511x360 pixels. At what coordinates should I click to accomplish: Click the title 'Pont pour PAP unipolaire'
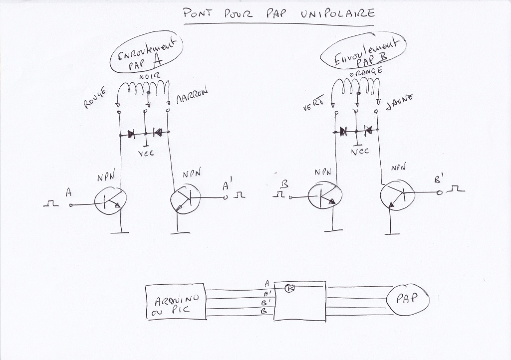pyautogui.click(x=279, y=13)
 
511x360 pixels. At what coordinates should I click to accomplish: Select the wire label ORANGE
pyautogui.click(x=367, y=72)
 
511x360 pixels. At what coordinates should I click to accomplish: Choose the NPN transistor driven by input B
pyautogui.click(x=324, y=197)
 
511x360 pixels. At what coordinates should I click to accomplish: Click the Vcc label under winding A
pyautogui.click(x=146, y=154)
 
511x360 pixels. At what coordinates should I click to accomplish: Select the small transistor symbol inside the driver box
pyautogui.click(x=290, y=288)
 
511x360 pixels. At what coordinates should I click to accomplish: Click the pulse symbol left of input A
pyautogui.click(x=50, y=203)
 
